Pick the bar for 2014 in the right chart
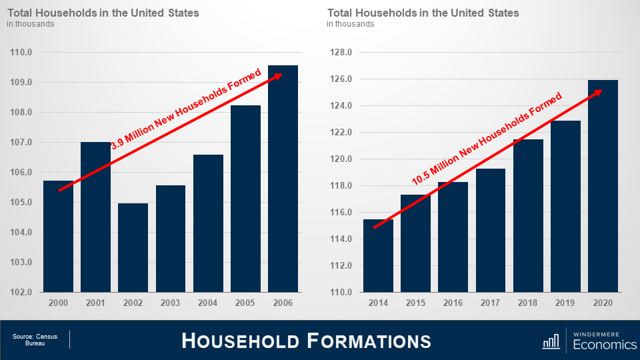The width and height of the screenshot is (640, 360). tap(378, 256)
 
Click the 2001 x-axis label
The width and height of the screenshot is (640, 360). tap(96, 303)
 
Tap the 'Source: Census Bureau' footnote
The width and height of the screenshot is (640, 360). tap(35, 340)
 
